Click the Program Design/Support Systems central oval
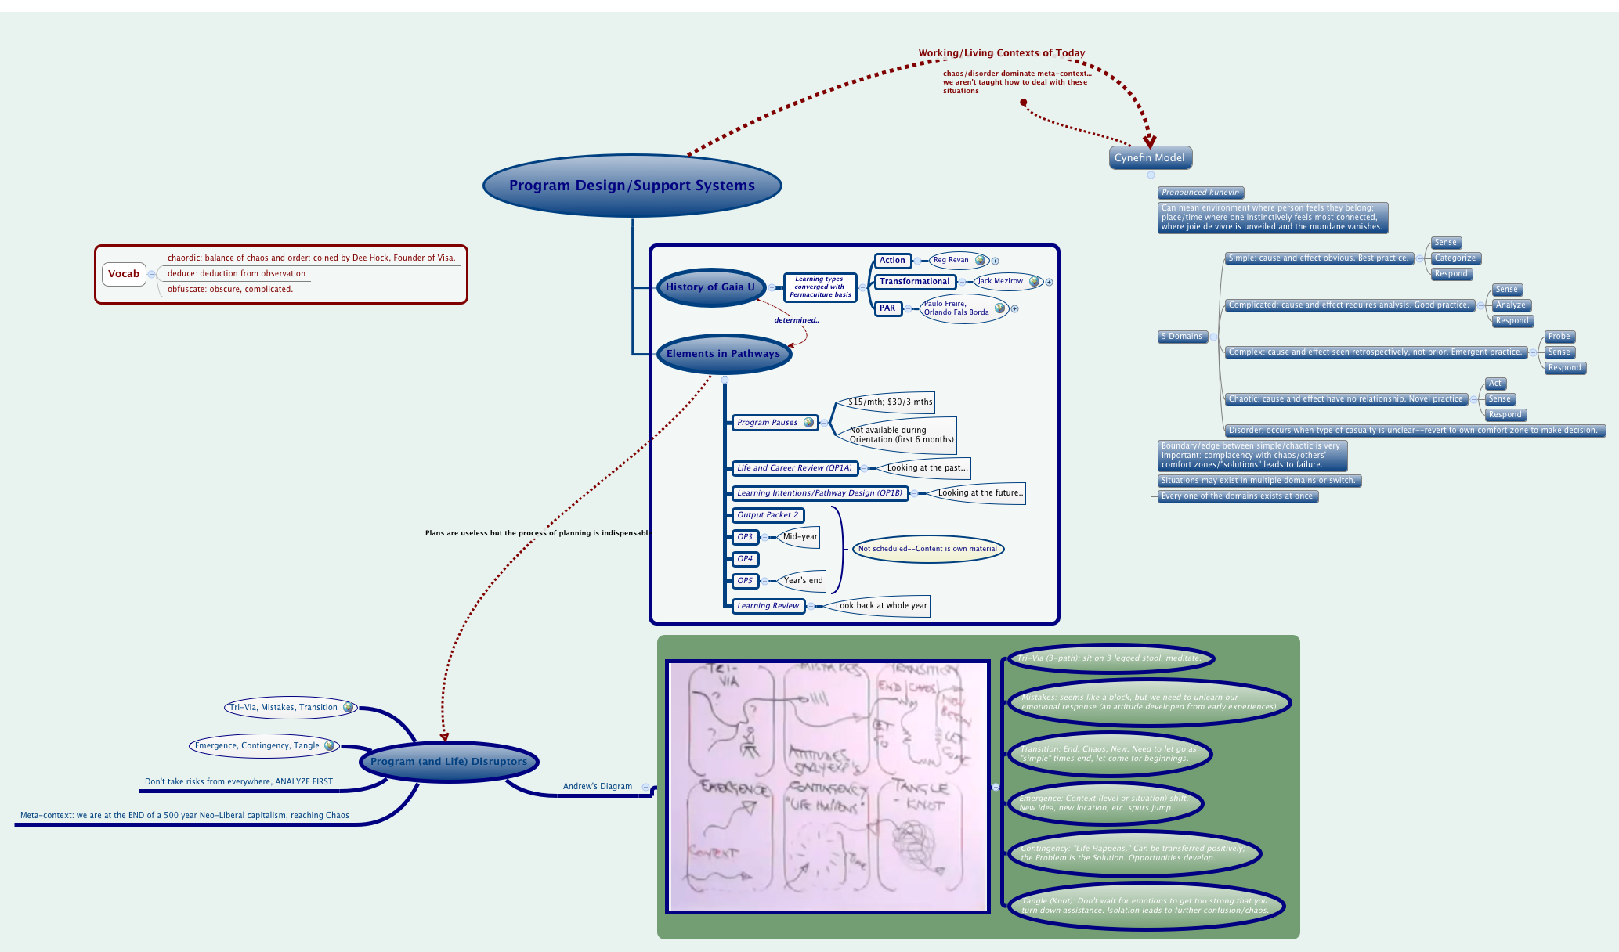pos(632,186)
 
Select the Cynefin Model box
pos(1149,157)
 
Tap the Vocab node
pos(124,274)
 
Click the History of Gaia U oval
pos(710,287)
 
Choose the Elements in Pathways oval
pos(723,354)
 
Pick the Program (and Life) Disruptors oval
pos(449,761)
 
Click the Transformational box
pos(914,282)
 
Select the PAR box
pos(887,308)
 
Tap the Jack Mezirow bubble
pos(1000,281)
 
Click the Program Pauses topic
pos(768,423)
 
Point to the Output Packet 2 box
pos(768,515)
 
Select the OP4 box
pos(745,559)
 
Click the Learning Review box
pos(768,606)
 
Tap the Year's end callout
pos(803,581)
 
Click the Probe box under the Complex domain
pos(1559,337)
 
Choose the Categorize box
pos(1455,258)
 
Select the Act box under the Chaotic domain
pos(1495,384)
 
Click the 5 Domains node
pos(1182,337)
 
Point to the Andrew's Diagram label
pos(597,787)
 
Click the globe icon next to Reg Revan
pos(980,260)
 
